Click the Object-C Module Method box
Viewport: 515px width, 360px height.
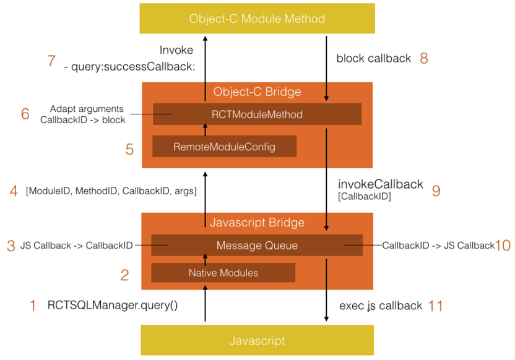(257, 19)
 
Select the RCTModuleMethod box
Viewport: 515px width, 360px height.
(257, 114)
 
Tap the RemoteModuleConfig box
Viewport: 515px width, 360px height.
(224, 147)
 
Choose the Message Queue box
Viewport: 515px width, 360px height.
(257, 246)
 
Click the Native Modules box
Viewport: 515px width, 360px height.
(223, 272)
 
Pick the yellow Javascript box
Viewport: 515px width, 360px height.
(257, 341)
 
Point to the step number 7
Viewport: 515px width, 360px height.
(52, 61)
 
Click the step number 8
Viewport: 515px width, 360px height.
(424, 59)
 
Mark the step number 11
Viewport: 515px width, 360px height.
(436, 306)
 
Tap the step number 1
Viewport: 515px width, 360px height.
(33, 305)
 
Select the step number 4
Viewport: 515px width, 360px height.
(14, 191)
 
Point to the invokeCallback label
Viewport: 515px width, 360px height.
(381, 184)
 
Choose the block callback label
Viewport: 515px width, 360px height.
(373, 59)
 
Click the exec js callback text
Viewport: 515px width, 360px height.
(381, 306)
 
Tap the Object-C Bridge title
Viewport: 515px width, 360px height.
(257, 92)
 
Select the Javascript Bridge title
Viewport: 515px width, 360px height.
(257, 223)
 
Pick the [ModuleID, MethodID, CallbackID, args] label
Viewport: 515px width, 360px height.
(111, 192)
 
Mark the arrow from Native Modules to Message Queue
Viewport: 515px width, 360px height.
(205, 260)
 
